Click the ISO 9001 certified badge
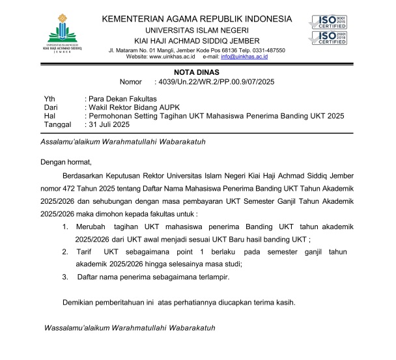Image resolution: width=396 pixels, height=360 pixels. [328, 21]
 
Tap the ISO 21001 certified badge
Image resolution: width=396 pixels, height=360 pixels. [328, 38]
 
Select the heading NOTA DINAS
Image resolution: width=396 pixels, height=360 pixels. [198, 72]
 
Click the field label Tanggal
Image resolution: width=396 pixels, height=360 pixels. [57, 124]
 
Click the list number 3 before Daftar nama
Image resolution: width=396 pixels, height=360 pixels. [65, 277]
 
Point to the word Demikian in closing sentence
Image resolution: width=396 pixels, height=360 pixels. [79, 302]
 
